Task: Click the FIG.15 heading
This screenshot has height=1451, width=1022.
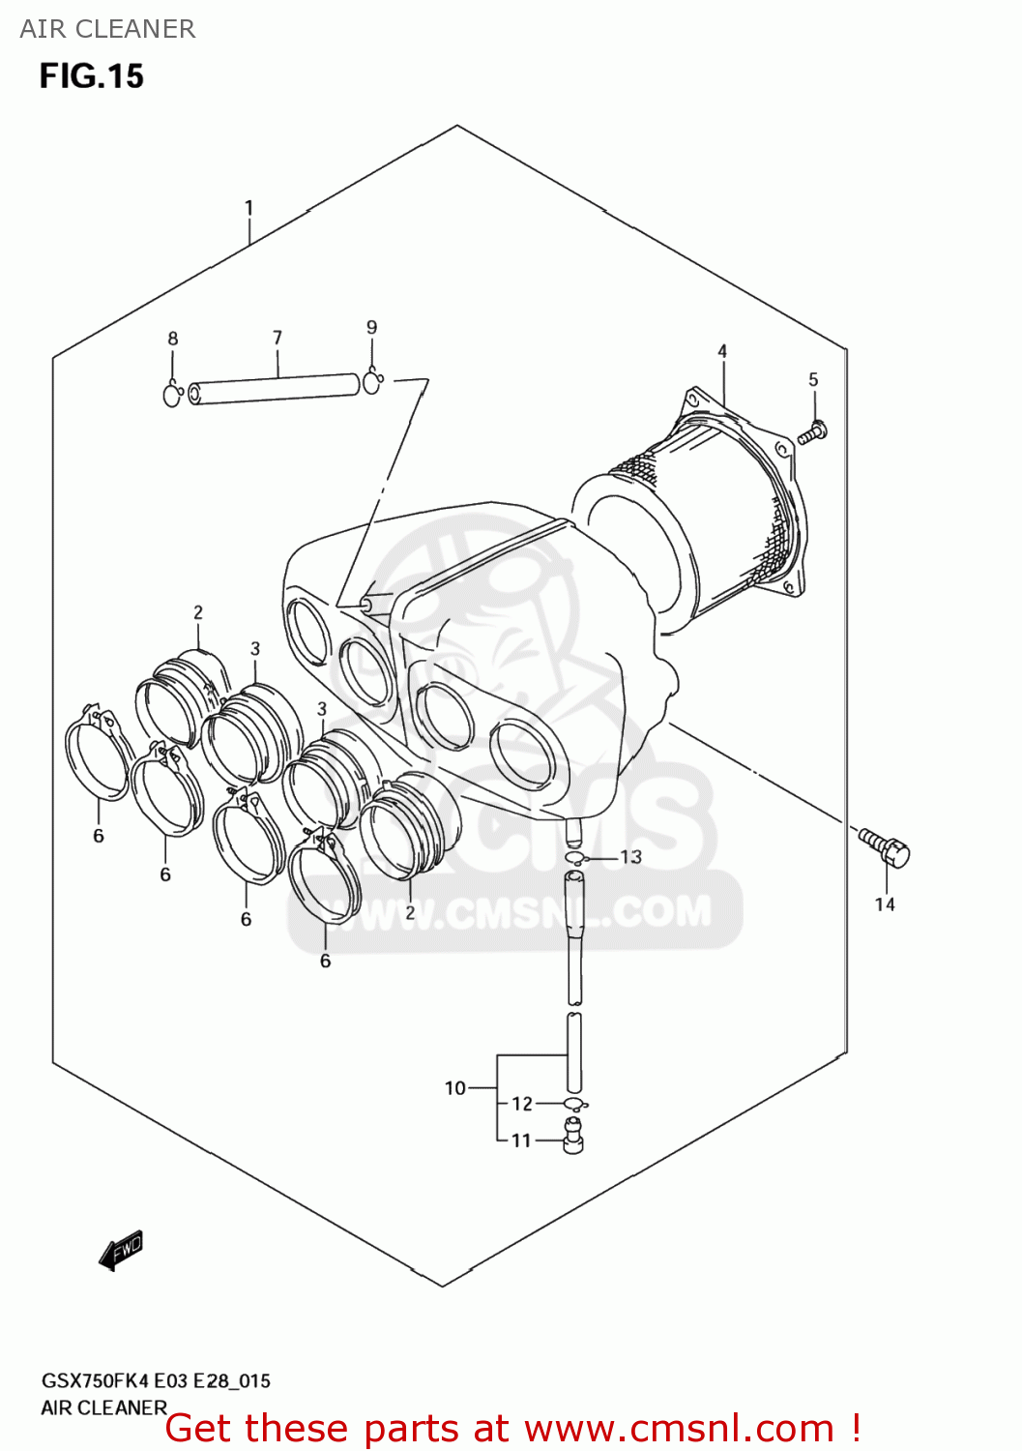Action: tap(92, 76)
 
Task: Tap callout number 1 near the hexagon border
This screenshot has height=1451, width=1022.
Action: tap(248, 208)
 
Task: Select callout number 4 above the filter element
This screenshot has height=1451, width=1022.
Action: tap(722, 351)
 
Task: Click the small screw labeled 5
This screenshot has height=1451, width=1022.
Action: tap(812, 432)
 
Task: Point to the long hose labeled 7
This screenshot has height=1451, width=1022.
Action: tap(276, 388)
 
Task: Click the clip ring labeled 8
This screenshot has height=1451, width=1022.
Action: tap(173, 395)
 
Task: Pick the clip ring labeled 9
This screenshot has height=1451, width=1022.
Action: tap(373, 383)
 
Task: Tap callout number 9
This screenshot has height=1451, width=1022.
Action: tap(372, 328)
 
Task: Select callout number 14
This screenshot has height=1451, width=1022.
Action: tap(885, 904)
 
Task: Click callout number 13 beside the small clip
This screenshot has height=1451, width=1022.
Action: tap(631, 857)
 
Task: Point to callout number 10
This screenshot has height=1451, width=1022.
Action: tap(455, 1088)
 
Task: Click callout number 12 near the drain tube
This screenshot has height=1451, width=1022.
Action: tap(522, 1104)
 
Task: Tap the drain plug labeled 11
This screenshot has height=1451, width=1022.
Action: tap(573, 1136)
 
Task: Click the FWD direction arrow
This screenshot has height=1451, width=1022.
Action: tap(122, 1250)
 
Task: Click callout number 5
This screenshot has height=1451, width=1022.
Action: tap(813, 380)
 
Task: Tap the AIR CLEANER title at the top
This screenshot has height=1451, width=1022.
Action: tap(107, 29)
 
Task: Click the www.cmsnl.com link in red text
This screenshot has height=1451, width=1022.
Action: tap(679, 1429)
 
